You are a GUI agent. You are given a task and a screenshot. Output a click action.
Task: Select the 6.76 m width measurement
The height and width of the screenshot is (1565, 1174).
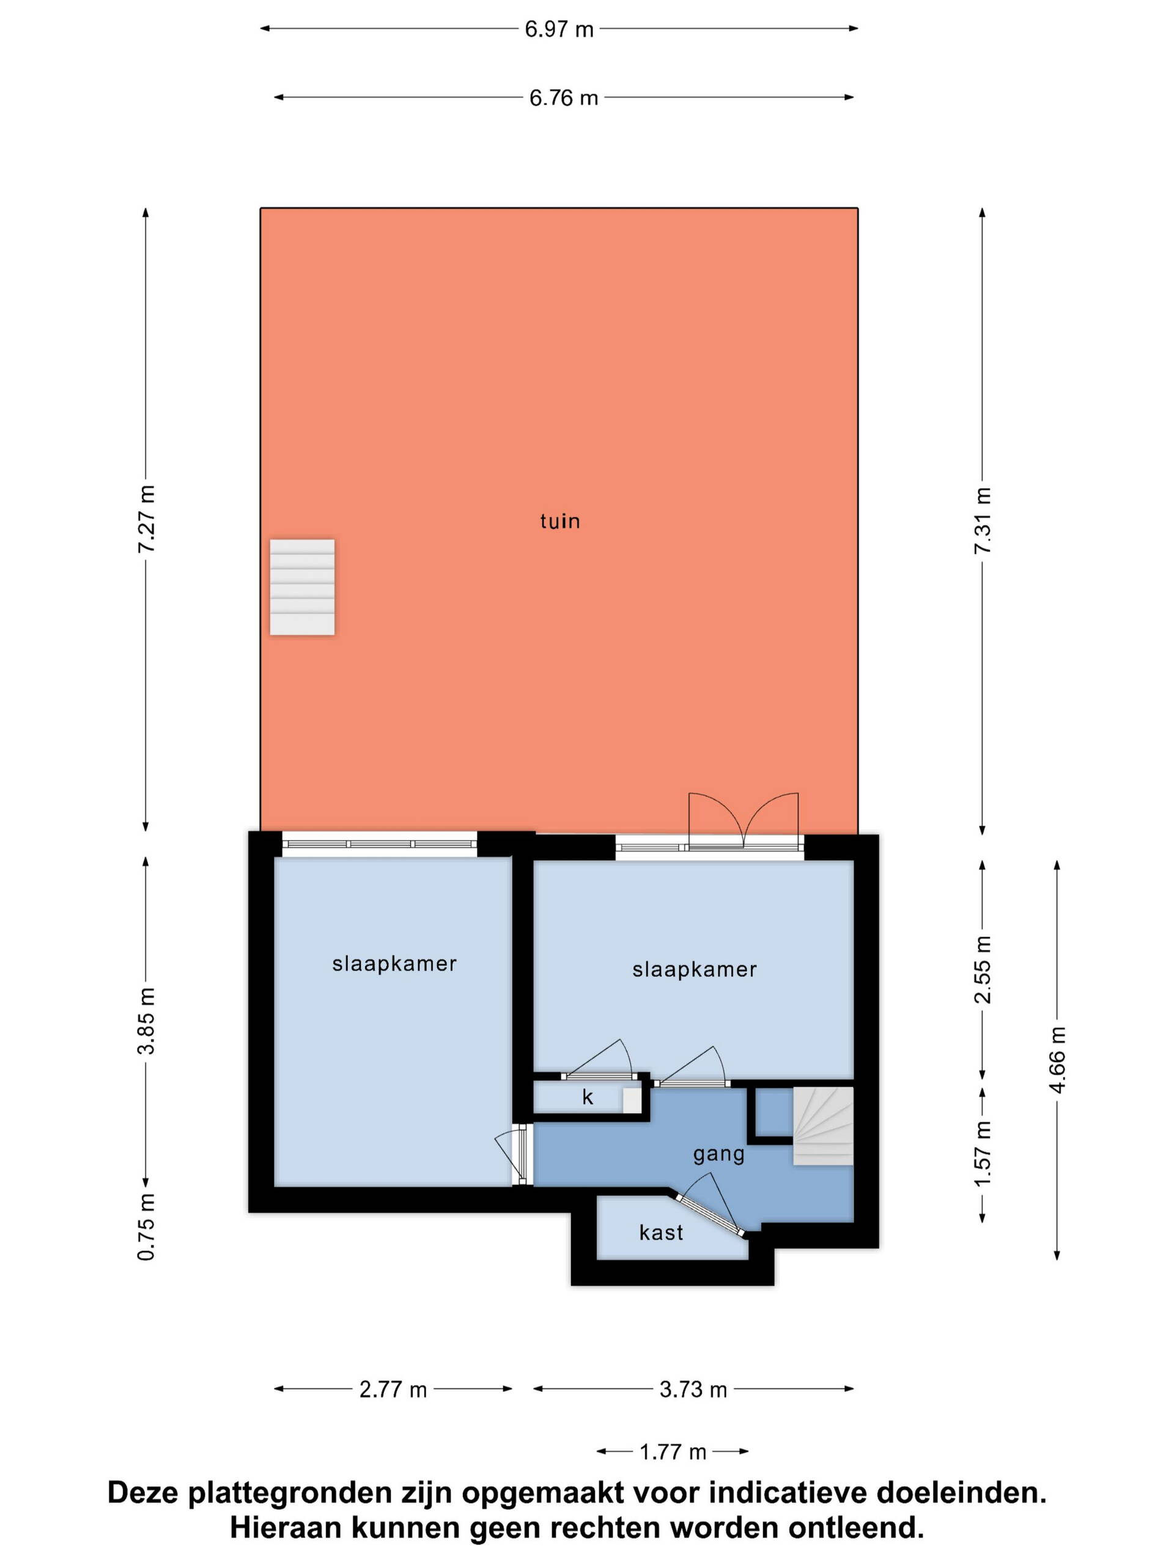[x=563, y=98]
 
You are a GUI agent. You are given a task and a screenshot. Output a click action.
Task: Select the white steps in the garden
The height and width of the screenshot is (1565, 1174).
[x=302, y=587]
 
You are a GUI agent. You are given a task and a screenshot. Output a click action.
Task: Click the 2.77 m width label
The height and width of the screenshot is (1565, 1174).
[x=393, y=1390]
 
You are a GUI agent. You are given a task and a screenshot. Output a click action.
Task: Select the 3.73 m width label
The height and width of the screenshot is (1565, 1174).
[x=693, y=1390]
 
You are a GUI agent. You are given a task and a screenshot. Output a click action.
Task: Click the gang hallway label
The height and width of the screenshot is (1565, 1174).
[x=718, y=1155]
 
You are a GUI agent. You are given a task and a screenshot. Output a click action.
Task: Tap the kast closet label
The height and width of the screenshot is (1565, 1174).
[x=661, y=1232]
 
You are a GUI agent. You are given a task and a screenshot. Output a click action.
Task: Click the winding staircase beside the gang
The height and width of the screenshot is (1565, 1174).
[x=822, y=1125]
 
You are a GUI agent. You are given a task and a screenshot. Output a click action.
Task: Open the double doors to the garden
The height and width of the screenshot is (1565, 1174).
[x=743, y=820]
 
